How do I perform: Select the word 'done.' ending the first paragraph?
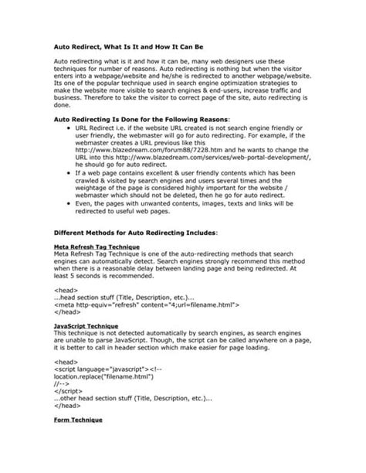[x=64, y=106]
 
